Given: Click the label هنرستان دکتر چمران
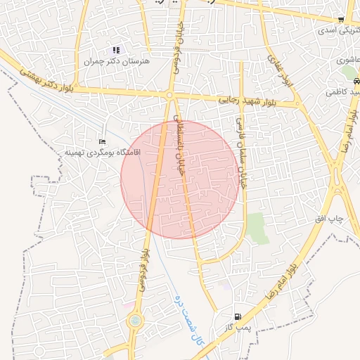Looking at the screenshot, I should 118,62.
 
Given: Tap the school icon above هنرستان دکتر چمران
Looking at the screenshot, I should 116,50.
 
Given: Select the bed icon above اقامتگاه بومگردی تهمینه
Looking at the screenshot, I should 103,142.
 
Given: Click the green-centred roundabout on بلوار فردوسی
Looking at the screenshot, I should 134,321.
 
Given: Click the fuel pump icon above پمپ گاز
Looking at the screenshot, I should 239,317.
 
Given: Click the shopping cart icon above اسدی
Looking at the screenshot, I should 341,20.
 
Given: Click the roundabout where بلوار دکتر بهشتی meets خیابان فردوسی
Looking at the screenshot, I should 170,94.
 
